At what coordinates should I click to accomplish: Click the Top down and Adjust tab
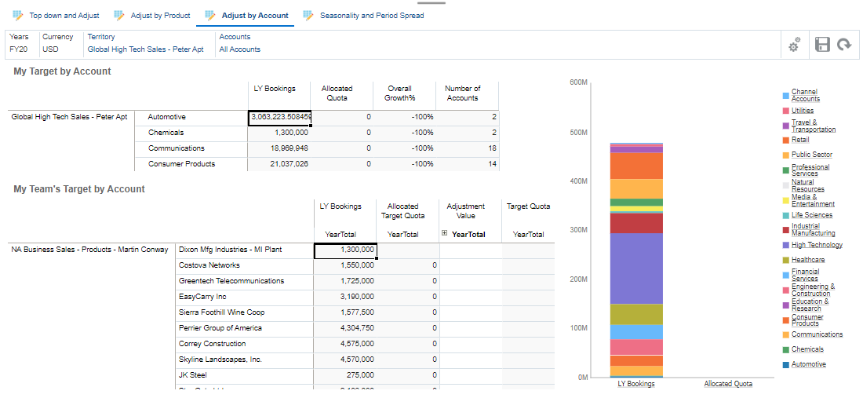64,15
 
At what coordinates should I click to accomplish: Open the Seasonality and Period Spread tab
371,15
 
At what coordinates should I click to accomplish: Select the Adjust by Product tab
160,15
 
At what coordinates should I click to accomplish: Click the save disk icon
822,45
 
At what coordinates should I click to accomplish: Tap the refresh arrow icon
844,45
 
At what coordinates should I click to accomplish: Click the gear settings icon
795,46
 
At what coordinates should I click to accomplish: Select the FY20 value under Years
19,49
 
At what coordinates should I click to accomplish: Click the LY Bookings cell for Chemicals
279,133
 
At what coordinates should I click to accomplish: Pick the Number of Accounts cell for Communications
468,148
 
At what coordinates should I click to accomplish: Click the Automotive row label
167,117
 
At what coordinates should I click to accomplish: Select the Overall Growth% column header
399,93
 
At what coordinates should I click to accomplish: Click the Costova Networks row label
209,265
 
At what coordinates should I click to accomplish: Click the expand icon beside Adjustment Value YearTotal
445,234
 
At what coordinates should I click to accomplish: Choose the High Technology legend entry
816,245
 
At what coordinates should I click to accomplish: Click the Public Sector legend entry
811,155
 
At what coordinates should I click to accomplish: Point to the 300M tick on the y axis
580,230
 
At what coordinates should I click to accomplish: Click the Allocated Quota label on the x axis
728,384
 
